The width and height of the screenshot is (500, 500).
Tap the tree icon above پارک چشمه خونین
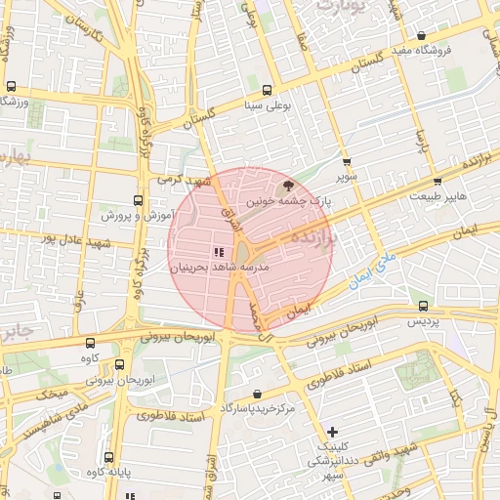(287, 184)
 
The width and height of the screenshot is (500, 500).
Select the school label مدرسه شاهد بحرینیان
(219, 267)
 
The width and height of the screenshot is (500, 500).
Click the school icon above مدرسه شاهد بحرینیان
(217, 252)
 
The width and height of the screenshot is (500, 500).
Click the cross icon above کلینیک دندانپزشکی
(333, 431)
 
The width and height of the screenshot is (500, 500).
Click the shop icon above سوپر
(346, 162)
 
